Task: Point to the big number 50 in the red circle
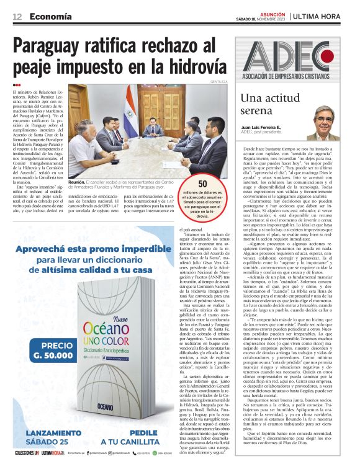pos(202,184)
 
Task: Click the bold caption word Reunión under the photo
pos(78,181)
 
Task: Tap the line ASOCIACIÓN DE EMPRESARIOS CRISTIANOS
pos(295,76)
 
